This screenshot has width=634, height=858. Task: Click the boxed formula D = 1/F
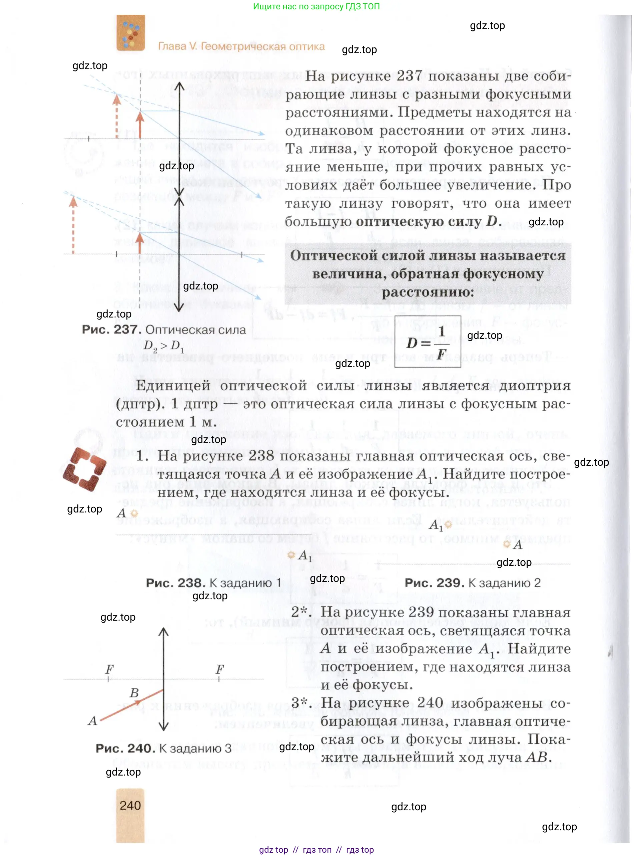(x=427, y=342)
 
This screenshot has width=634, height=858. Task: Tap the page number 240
(x=130, y=805)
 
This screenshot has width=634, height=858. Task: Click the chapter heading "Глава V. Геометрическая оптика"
(x=241, y=46)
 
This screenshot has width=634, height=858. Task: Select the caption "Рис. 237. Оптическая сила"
(x=163, y=330)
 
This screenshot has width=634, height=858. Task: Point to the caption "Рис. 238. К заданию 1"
(x=213, y=583)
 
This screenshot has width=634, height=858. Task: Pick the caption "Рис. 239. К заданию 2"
(x=473, y=583)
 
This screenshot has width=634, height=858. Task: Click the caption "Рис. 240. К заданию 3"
(x=163, y=748)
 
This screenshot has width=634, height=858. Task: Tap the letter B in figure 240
(x=134, y=693)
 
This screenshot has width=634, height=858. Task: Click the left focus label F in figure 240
(x=109, y=669)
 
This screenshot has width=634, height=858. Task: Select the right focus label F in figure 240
(x=219, y=669)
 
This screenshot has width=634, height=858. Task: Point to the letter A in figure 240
(x=92, y=720)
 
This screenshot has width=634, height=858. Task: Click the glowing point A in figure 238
(x=134, y=513)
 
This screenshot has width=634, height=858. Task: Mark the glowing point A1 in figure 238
(x=291, y=555)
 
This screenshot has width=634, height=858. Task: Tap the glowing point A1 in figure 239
(x=448, y=524)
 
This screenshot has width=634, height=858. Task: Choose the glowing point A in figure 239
(x=507, y=544)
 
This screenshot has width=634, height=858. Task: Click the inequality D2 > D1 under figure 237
(x=163, y=346)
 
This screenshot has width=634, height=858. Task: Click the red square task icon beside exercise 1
(x=84, y=469)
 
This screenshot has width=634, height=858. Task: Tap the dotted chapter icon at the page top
(x=130, y=33)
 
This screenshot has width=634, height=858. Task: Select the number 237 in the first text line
(x=409, y=76)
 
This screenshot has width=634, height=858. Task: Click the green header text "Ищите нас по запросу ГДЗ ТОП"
(x=316, y=7)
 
